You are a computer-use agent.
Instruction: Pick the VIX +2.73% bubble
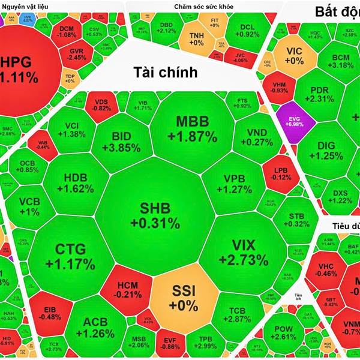coord(243,252)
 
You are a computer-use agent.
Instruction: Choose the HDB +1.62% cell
coord(78,182)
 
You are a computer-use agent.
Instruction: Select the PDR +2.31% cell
coord(322,94)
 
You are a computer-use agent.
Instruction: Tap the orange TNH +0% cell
coord(197,39)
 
